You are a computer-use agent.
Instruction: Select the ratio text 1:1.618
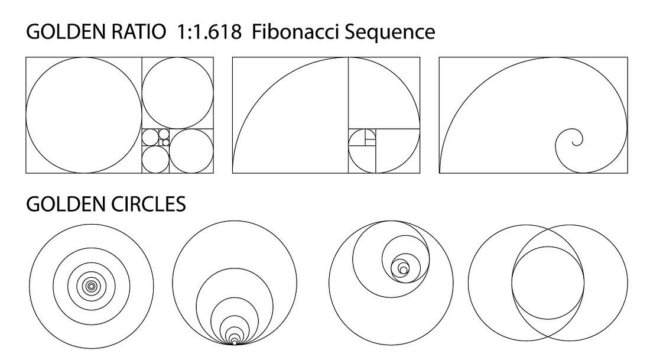tap(209, 32)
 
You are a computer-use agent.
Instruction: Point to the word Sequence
tap(390, 33)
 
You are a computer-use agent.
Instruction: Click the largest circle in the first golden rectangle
tap(26, 115)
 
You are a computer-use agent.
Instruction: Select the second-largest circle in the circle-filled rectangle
tap(142, 93)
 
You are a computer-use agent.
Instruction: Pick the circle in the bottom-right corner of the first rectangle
tap(170, 151)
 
